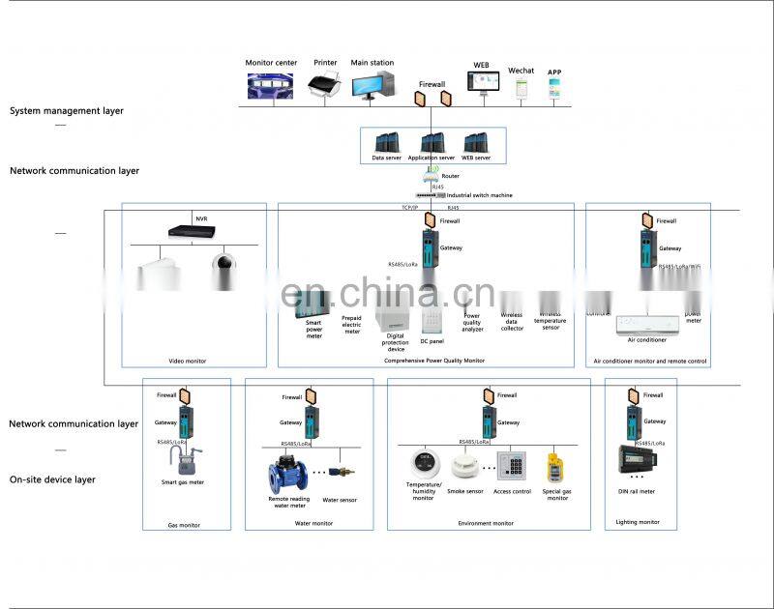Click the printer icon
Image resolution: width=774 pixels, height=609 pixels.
326,86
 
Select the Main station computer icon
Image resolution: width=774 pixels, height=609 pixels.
372,86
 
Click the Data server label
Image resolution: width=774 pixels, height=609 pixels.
386,158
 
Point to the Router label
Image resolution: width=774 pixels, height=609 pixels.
450,176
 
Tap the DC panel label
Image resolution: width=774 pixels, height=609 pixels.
432,341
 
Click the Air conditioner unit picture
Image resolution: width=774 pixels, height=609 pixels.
647,323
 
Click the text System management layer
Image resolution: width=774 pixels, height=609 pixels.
67,111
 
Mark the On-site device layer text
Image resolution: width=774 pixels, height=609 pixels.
53,479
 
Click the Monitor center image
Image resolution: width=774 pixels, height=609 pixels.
271,87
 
